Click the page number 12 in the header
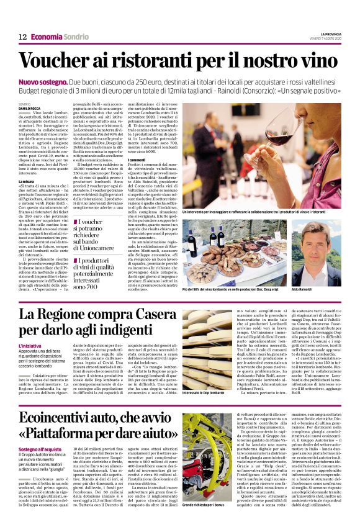(x=22, y=37)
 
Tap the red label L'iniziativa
(x=31, y=345)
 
